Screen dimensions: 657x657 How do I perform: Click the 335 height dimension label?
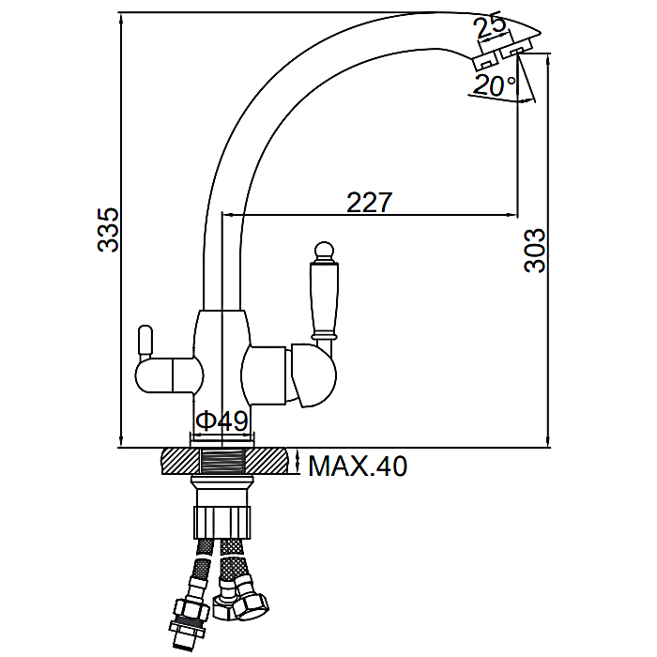[x=108, y=230]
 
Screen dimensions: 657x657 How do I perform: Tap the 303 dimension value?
[x=535, y=251]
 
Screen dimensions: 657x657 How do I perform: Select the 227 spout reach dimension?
[x=369, y=203]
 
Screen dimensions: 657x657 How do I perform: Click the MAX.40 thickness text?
[x=358, y=466]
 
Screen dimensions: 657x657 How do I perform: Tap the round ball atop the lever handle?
[x=324, y=251]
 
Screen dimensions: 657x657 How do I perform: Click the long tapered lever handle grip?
[x=324, y=299]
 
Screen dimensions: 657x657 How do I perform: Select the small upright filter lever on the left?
[x=145, y=342]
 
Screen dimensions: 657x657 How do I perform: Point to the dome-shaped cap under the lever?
[x=314, y=375]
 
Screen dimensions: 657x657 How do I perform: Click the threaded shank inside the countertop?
[x=222, y=462]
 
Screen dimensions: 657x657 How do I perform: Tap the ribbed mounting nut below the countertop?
[x=222, y=522]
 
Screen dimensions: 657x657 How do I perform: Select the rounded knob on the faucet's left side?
[x=169, y=375]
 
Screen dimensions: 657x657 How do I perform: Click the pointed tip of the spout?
[x=542, y=33]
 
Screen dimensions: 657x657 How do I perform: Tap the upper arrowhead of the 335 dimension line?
[x=121, y=17]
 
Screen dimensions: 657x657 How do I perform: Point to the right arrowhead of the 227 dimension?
[x=512, y=215]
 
